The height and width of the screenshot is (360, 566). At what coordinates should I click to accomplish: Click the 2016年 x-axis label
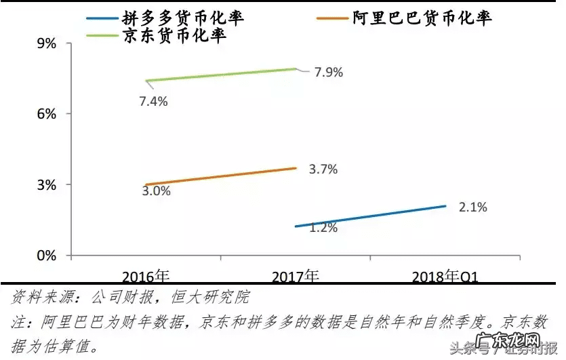[x=146, y=277]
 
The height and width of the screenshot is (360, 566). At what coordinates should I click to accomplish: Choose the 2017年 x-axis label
[x=296, y=277]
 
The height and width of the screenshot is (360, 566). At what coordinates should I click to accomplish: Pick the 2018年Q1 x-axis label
[x=447, y=277]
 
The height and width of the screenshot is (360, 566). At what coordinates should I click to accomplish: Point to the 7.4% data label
[x=153, y=101]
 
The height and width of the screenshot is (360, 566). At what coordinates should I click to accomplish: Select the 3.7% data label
[x=323, y=169]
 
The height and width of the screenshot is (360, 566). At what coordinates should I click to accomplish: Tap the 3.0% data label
[x=156, y=191]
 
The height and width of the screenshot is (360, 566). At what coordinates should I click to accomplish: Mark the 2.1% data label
[x=473, y=207]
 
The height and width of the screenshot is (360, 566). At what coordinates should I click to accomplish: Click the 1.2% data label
[x=323, y=228]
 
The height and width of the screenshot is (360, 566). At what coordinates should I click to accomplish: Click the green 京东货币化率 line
[x=221, y=75]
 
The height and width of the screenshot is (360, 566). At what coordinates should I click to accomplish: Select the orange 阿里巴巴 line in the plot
[x=221, y=176]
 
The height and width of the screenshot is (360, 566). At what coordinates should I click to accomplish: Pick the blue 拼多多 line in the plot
[x=370, y=216]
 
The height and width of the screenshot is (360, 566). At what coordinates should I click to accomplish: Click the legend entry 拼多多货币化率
[x=183, y=18]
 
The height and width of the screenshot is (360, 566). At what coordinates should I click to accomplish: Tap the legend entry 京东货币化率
[x=174, y=36]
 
